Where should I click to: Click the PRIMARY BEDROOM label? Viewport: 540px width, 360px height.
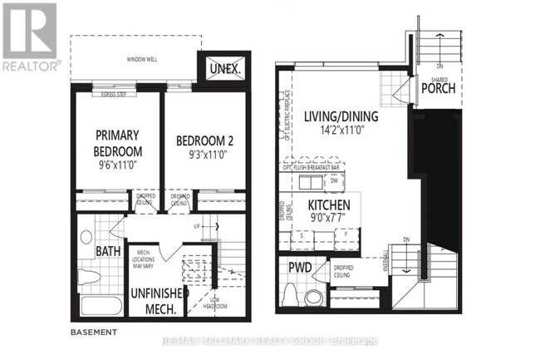(118, 143)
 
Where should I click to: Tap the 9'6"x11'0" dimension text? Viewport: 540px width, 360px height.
(118, 166)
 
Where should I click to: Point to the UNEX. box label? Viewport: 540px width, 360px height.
(224, 69)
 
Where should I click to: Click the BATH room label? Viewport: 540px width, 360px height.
(106, 250)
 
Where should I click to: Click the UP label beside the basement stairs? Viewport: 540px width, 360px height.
(197, 225)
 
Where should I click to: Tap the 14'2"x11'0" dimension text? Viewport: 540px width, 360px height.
(341, 131)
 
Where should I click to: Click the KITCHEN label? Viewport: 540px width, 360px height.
(327, 205)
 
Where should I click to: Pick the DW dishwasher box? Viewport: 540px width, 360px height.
(333, 180)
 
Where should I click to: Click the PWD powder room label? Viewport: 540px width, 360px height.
(299, 268)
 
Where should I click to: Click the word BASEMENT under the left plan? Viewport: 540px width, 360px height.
(94, 331)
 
